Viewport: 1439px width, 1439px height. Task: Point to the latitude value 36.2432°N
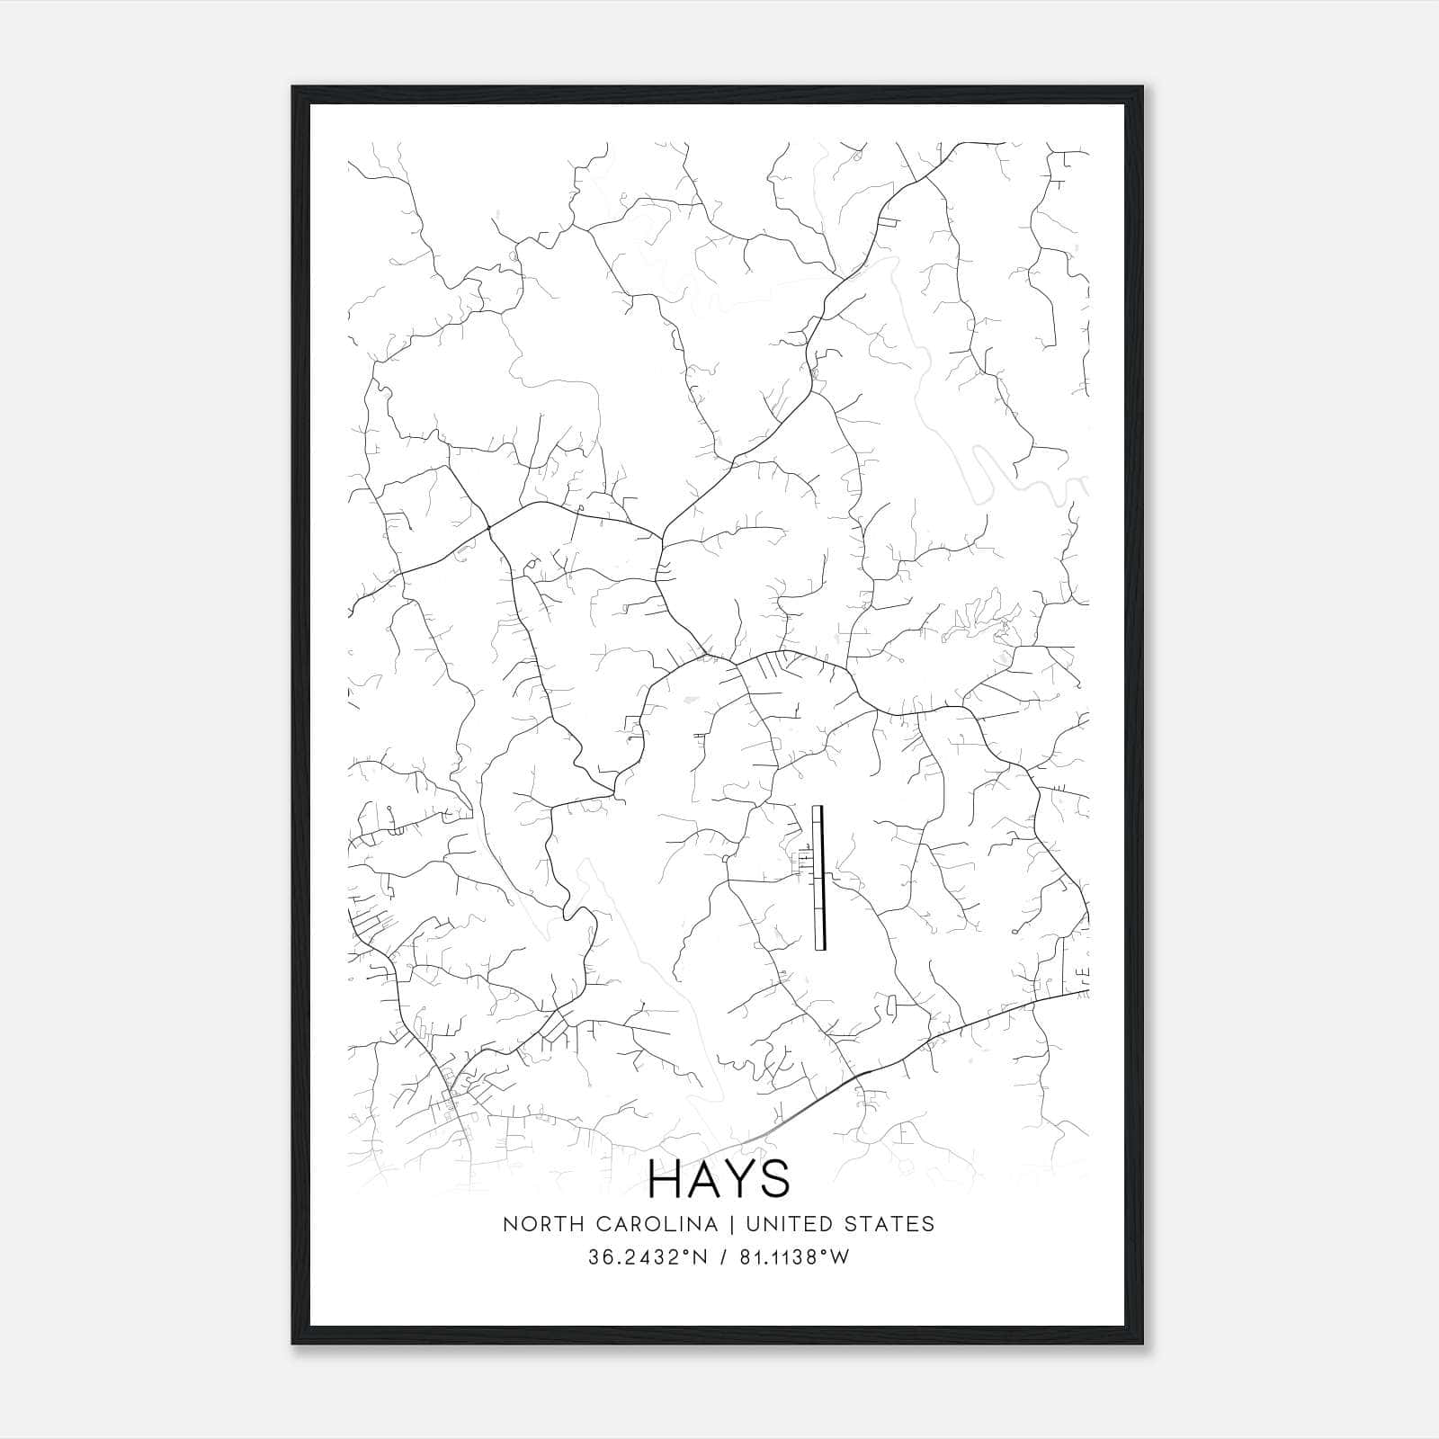click(646, 1257)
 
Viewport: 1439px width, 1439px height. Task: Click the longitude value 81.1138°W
click(789, 1257)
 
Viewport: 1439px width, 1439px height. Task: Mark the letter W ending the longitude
click(840, 1257)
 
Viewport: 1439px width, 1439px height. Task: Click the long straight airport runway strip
click(818, 877)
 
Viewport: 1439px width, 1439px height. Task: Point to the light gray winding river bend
click(989, 463)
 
